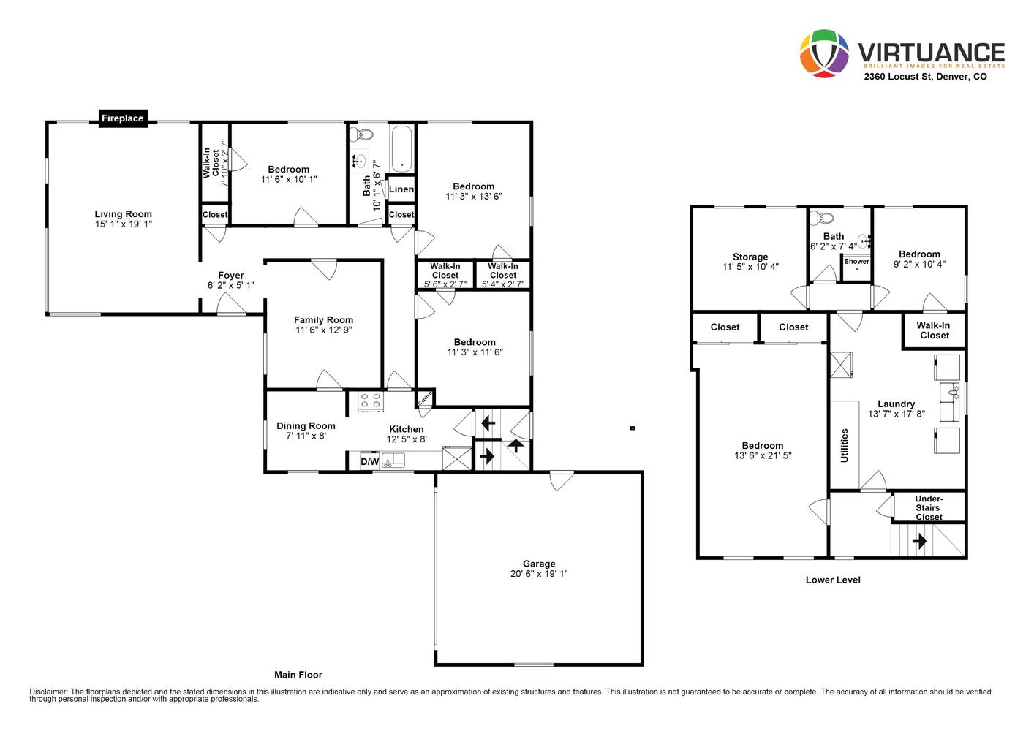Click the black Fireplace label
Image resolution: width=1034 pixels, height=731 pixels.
(x=122, y=118)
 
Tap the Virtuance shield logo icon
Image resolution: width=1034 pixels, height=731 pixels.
(x=824, y=53)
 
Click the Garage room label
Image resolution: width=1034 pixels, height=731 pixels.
(x=539, y=564)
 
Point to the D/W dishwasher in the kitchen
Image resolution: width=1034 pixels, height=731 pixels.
(x=369, y=461)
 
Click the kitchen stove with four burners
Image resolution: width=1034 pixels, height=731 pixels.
(x=371, y=401)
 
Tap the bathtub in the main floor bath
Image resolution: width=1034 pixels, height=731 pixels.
(x=401, y=148)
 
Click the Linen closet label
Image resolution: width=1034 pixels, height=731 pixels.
(x=401, y=189)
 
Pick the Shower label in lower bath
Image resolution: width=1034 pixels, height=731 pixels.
(x=857, y=261)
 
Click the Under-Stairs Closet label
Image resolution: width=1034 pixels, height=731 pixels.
(x=929, y=507)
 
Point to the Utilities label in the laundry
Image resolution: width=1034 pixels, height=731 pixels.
(x=845, y=445)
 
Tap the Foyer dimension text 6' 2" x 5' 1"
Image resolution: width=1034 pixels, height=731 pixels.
(x=231, y=285)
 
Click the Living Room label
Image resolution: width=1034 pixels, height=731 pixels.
(x=124, y=214)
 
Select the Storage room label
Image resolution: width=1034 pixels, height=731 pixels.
(x=750, y=257)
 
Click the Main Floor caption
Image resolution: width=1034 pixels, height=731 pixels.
(x=298, y=675)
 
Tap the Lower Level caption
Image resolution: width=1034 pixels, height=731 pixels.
(x=833, y=580)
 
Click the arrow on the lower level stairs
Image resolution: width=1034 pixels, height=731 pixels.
(x=919, y=542)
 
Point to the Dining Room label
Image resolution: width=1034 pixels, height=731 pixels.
(x=306, y=426)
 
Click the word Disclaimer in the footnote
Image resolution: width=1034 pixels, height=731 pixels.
(x=49, y=692)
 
